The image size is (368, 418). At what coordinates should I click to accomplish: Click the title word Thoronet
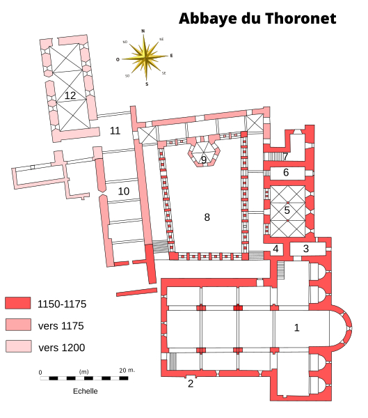(x=301, y=18)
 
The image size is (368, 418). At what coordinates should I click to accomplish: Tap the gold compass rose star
(x=145, y=57)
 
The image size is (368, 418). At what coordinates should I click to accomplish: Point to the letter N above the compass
(x=143, y=31)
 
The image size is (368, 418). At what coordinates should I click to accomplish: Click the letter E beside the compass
(x=171, y=56)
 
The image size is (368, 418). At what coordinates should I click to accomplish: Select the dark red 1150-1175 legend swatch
(x=18, y=303)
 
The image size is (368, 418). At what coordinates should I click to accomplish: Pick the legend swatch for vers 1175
(x=18, y=325)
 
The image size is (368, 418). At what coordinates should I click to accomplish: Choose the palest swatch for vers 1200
(x=19, y=346)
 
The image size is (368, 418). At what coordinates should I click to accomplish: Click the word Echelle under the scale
(x=85, y=391)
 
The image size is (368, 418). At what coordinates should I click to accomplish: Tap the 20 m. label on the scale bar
(x=127, y=371)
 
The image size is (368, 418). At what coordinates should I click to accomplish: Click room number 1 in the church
(x=296, y=327)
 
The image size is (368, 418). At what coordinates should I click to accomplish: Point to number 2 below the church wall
(x=191, y=383)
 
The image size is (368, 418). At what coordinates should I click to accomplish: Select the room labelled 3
(x=306, y=249)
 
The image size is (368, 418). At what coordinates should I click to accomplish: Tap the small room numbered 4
(x=275, y=249)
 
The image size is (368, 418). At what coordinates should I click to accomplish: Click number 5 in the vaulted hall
(x=287, y=210)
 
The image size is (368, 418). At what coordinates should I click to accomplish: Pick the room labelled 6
(x=286, y=172)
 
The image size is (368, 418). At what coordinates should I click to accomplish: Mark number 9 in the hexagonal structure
(x=204, y=160)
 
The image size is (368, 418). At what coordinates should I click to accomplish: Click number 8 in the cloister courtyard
(x=207, y=217)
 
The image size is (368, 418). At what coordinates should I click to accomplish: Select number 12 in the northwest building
(x=70, y=95)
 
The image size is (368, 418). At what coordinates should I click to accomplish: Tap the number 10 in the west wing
(x=124, y=191)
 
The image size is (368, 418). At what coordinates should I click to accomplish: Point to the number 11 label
(x=115, y=131)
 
